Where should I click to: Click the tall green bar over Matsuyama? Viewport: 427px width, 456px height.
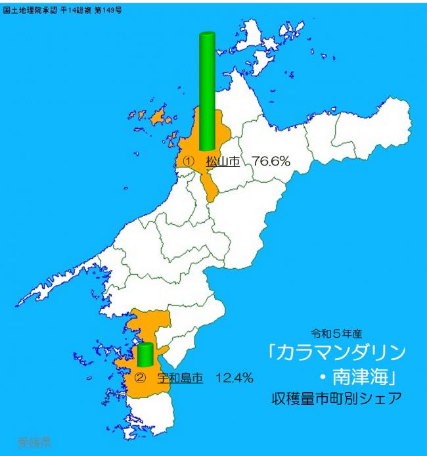[207, 92]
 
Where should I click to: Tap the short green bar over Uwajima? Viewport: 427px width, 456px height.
[145, 355]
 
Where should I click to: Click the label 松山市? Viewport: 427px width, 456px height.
[223, 160]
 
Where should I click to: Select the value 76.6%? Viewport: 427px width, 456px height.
[271, 160]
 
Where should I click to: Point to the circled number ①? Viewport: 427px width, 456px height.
[189, 160]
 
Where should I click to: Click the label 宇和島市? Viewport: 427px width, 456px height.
[179, 378]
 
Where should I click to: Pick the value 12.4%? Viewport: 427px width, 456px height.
[235, 378]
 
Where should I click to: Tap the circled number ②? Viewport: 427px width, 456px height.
[139, 378]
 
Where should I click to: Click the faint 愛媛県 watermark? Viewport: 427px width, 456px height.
[34, 441]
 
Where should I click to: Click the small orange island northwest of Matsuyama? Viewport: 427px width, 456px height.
[157, 118]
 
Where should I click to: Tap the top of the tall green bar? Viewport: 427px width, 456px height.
[207, 35]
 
